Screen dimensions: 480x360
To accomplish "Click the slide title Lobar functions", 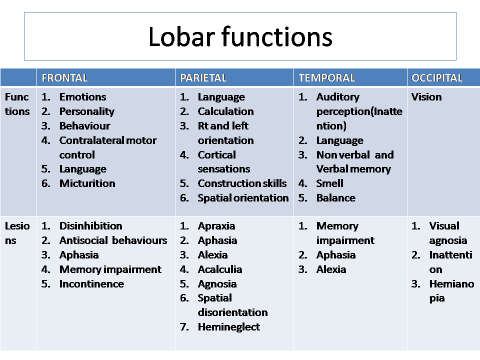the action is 240,36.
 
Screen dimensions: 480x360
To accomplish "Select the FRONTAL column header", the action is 64,78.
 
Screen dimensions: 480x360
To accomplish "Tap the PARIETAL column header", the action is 203,78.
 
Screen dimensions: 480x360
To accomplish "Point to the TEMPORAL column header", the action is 326,78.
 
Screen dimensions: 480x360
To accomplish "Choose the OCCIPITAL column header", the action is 437,78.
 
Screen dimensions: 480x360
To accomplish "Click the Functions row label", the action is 17,104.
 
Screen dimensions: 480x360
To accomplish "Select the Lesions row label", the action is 17,233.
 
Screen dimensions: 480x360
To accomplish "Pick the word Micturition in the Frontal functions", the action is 87,183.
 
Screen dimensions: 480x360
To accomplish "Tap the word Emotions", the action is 82,96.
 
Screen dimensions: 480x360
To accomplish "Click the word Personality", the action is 87,111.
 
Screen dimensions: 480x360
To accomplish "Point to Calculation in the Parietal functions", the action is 225,111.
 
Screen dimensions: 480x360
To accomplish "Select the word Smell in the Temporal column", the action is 329,183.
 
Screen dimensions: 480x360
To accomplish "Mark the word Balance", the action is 336,198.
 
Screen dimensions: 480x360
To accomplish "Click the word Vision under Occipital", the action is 426,97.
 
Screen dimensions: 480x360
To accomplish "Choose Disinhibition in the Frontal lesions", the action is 90,226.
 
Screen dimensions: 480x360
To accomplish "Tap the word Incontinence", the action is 91,284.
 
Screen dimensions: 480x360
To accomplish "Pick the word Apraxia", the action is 216,226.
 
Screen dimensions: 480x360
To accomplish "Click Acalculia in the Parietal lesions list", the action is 220,269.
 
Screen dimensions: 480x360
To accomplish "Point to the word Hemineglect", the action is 228,327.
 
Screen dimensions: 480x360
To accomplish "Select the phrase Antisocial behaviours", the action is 113,240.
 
